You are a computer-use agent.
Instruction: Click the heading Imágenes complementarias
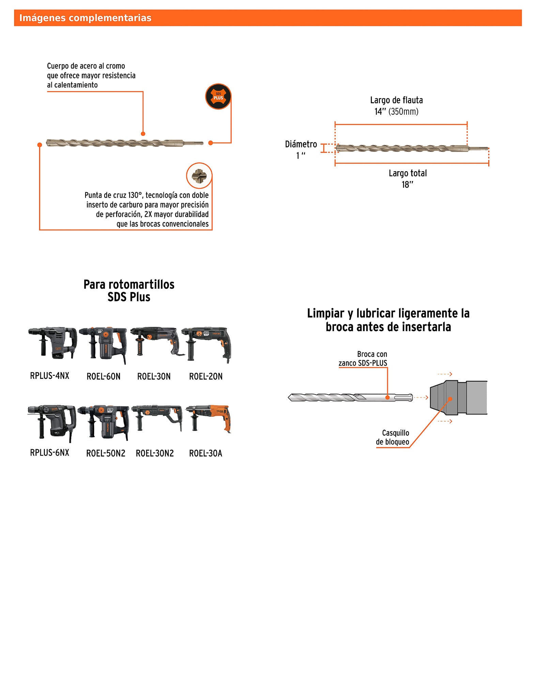click(85, 18)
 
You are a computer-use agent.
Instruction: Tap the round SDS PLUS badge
click(218, 96)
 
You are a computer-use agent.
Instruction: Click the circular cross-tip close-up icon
click(199, 176)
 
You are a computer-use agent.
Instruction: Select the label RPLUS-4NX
click(50, 376)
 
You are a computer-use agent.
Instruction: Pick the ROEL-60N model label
click(104, 376)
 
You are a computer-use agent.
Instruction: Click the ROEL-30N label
click(154, 376)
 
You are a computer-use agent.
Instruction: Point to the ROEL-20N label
click(206, 376)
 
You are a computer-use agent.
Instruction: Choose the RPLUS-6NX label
click(50, 453)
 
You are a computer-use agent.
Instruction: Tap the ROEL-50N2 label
click(106, 453)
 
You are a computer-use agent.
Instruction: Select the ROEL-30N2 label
click(155, 453)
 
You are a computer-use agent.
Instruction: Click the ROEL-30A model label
click(205, 453)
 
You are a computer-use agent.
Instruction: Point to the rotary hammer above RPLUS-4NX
click(52, 342)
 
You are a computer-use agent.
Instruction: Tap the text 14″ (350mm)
click(396, 112)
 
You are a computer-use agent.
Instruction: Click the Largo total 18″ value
click(407, 184)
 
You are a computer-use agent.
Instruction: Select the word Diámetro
click(301, 144)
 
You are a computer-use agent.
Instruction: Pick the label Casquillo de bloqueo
click(393, 437)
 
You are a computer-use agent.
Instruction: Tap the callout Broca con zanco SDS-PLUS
click(363, 359)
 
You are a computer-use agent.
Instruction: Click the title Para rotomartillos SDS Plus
click(129, 291)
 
